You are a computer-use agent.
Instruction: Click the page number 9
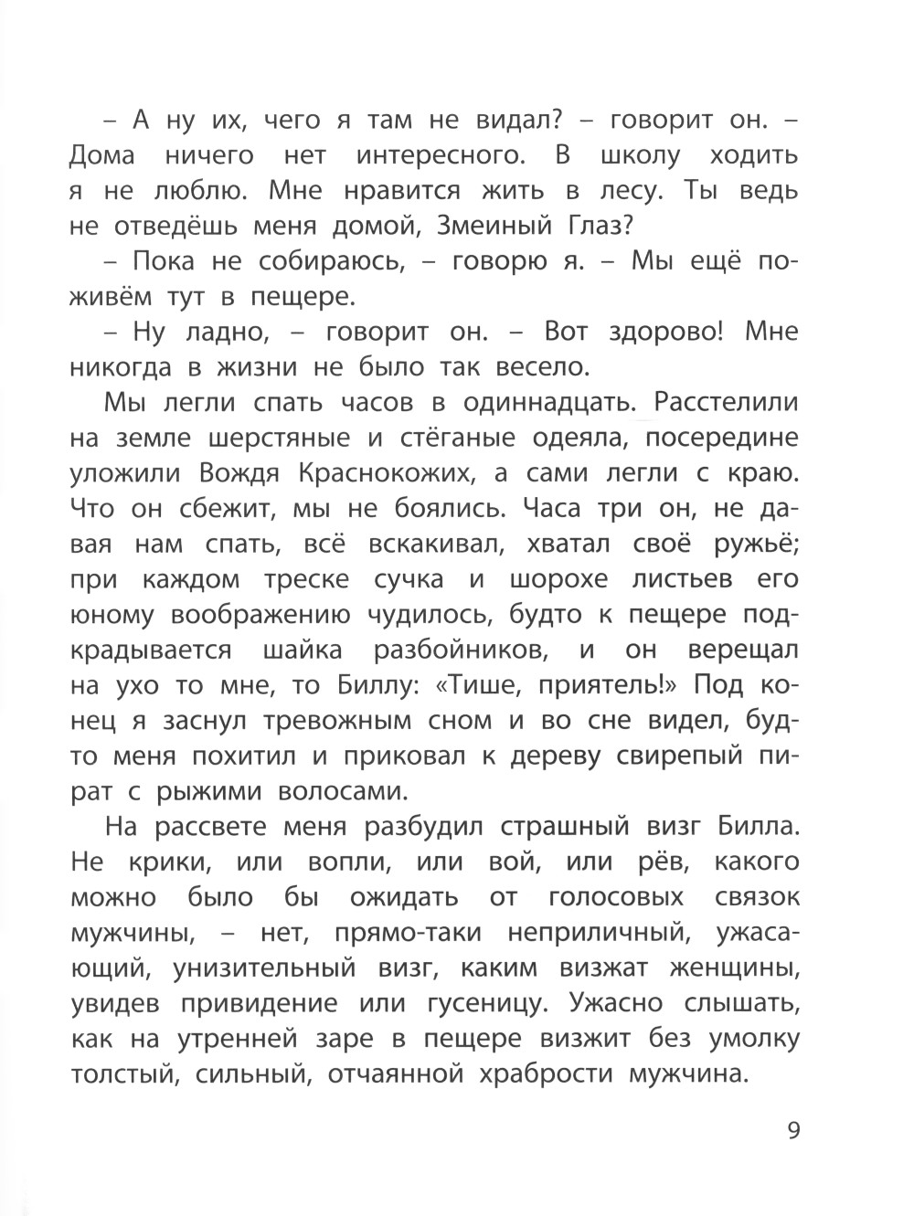coord(792,1131)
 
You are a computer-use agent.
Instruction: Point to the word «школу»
coord(641,155)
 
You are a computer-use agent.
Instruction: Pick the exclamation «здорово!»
coord(661,332)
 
